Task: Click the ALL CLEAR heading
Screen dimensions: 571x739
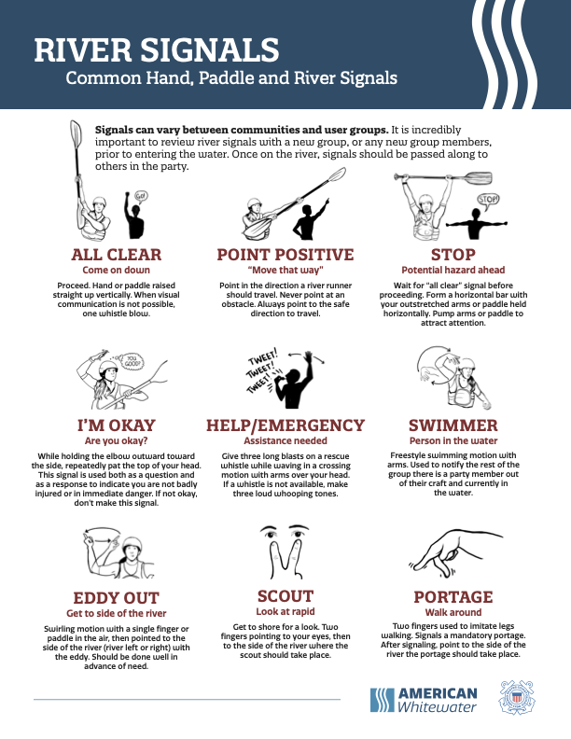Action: (x=117, y=255)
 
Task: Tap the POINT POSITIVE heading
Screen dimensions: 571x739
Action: (x=285, y=255)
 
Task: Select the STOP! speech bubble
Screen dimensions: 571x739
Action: (x=488, y=200)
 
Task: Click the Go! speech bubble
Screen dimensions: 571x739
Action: (x=140, y=196)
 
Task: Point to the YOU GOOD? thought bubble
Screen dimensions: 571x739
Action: (x=132, y=362)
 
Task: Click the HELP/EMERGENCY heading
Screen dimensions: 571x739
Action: (x=285, y=425)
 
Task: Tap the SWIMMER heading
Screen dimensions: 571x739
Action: (x=453, y=425)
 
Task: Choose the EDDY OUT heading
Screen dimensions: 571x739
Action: (x=117, y=597)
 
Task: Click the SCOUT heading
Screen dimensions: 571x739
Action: (x=285, y=596)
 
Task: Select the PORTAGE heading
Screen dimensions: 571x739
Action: (x=453, y=596)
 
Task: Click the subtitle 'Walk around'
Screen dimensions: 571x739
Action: (x=453, y=612)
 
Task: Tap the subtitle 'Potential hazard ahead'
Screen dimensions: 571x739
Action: (x=453, y=270)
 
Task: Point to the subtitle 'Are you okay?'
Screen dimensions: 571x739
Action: (x=117, y=440)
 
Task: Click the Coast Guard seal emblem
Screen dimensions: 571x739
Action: (x=517, y=698)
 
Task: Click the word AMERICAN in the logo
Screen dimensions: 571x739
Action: (x=438, y=693)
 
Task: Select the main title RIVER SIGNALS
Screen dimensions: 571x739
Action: (x=157, y=50)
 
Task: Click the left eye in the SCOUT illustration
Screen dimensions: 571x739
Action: (x=271, y=533)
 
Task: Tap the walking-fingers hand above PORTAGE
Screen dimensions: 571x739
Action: (x=453, y=552)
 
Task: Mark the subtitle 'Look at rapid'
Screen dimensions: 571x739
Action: (x=285, y=611)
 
